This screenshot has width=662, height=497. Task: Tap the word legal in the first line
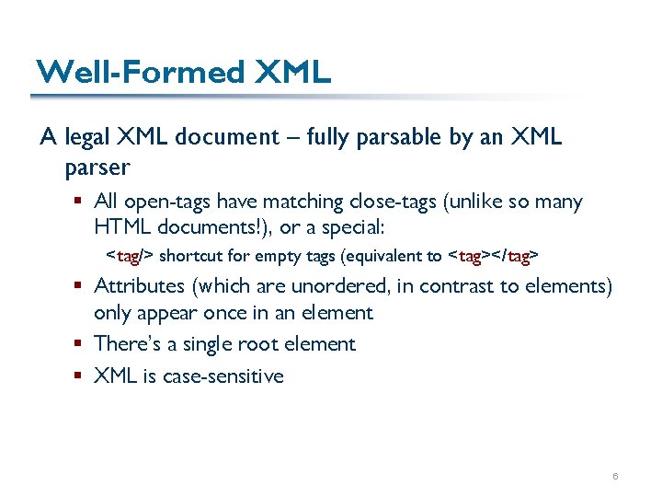[x=87, y=138]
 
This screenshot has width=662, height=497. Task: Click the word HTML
[x=120, y=225]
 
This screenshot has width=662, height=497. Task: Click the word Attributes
[x=137, y=286]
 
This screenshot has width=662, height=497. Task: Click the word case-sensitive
[x=223, y=376]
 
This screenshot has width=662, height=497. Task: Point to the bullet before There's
[x=82, y=344]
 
